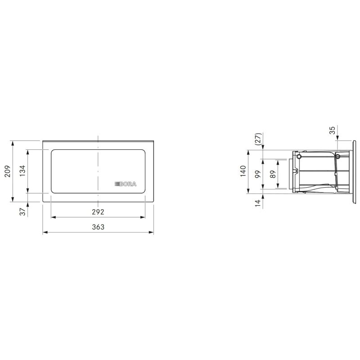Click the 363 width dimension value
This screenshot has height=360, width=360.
pos(98,227)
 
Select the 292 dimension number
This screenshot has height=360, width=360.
pos(98,212)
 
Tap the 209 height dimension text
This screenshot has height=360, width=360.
pos(8,171)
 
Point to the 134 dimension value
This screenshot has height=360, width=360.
pos(22,171)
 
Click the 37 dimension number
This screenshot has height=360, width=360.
pos(22,211)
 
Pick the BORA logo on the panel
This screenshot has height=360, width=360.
pos(126,184)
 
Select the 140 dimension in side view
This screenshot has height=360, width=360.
pos(243,171)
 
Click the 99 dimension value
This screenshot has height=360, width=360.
pos(258,174)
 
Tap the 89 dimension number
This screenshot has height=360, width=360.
pos(273,174)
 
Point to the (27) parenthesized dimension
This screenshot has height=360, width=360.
pos(258,139)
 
